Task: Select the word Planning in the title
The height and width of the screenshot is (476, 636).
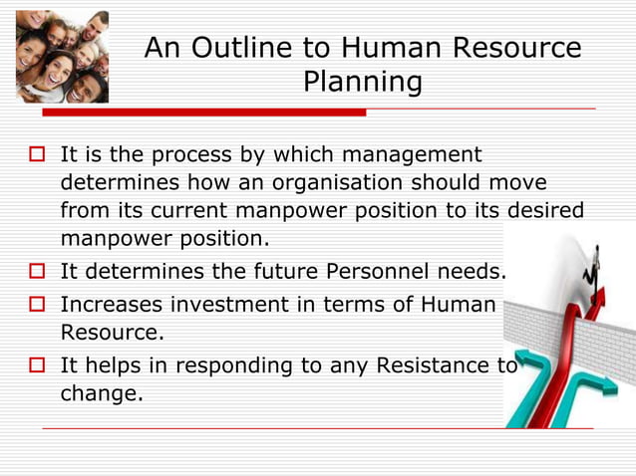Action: [362, 83]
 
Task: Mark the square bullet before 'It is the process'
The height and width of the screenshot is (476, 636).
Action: [38, 156]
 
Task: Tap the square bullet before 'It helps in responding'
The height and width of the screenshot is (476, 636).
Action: [38, 365]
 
